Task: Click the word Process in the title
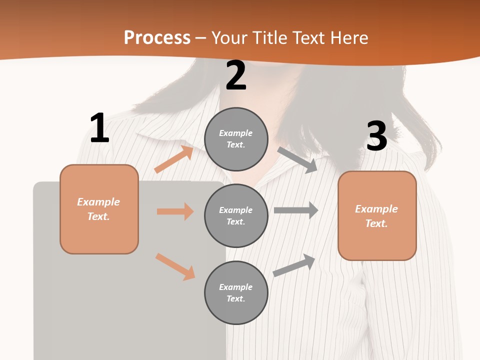[x=157, y=38]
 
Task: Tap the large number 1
[x=99, y=128]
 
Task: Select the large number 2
[x=236, y=75]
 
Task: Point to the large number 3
[x=377, y=136]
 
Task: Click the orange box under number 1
[x=99, y=209]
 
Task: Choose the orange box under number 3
[x=377, y=216]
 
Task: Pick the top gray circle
[x=236, y=139]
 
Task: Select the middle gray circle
[x=236, y=215]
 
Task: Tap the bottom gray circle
[x=236, y=292]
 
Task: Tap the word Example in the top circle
[x=235, y=133]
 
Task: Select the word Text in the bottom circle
[x=235, y=298]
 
